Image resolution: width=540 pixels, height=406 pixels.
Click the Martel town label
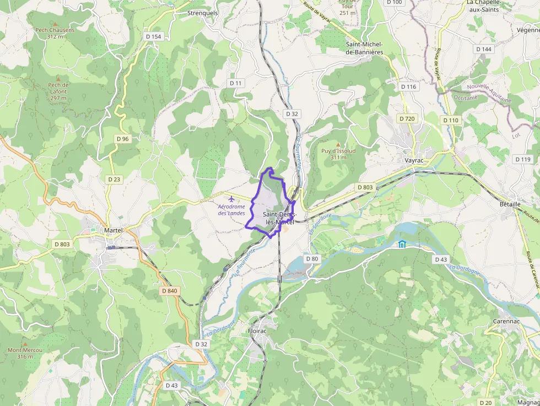(x=112, y=230)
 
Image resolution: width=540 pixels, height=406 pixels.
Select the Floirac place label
(x=257, y=332)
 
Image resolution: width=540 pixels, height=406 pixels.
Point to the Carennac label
(x=504, y=321)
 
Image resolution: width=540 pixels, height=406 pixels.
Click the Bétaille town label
(x=510, y=204)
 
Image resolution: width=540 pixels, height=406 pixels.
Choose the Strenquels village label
(x=203, y=13)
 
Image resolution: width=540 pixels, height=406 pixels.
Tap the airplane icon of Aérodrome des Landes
(x=231, y=198)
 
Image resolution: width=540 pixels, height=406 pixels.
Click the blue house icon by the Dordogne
(x=402, y=245)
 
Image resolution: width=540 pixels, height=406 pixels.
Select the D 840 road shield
(x=170, y=290)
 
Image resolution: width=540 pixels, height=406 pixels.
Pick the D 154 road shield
(x=154, y=36)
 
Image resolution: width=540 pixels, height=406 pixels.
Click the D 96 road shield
(x=122, y=139)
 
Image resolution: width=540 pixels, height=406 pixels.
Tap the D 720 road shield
(x=408, y=119)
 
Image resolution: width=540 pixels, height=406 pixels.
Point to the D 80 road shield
(x=311, y=259)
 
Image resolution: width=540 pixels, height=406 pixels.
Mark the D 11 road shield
(x=235, y=83)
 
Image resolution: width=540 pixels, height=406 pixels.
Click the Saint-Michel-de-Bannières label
(x=364, y=48)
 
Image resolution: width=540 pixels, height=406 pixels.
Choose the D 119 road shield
(x=523, y=159)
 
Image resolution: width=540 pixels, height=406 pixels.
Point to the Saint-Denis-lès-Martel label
(x=279, y=218)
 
